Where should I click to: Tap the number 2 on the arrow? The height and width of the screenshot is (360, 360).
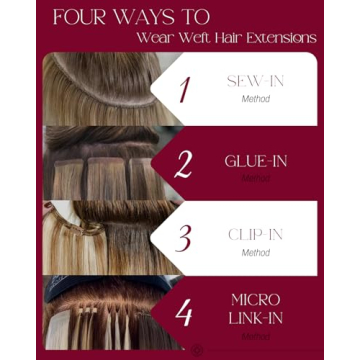[x=183, y=163]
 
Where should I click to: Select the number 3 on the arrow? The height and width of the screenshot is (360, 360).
[x=183, y=237]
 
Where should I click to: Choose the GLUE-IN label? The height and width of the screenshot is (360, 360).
[x=255, y=159]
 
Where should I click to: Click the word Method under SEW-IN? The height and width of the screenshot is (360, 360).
[x=255, y=100]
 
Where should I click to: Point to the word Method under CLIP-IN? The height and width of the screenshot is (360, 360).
[x=255, y=253]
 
